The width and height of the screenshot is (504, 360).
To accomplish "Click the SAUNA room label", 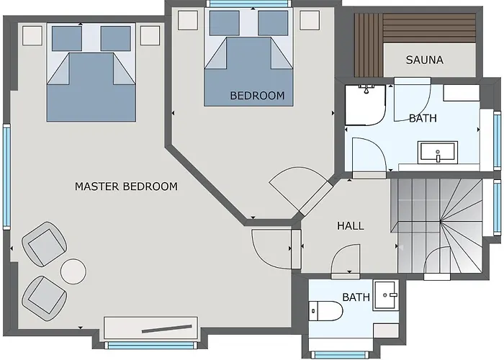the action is (x=424, y=60).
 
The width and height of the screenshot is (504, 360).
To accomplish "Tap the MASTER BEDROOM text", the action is (x=126, y=186).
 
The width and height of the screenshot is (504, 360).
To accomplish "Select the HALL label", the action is (x=351, y=226).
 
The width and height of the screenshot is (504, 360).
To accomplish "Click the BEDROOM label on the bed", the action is (x=257, y=96).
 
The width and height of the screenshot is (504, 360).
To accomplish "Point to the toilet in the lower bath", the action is (x=325, y=311).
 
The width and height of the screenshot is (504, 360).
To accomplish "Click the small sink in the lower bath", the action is (x=386, y=296).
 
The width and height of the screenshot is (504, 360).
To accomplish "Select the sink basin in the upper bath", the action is (x=438, y=153).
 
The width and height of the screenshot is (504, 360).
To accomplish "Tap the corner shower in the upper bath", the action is (x=365, y=105).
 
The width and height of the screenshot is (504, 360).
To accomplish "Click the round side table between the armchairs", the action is (x=73, y=271).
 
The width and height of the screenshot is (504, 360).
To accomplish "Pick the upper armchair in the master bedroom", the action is (x=45, y=244).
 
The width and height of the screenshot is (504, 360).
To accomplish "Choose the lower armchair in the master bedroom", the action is (x=45, y=299).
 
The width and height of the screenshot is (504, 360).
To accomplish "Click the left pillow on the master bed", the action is (x=67, y=39).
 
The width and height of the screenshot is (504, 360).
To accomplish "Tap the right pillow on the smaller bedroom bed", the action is (x=273, y=23).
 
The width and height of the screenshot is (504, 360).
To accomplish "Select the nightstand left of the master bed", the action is (x=32, y=36).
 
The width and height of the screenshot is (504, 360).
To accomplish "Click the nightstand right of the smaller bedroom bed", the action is (x=310, y=20).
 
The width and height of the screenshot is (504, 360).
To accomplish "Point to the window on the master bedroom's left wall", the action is (x=6, y=177).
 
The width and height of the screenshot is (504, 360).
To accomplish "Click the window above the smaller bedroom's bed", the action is (x=249, y=4).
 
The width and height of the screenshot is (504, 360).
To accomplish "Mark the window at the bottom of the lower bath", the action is (x=341, y=354).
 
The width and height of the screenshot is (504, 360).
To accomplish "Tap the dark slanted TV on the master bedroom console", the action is (x=167, y=329).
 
